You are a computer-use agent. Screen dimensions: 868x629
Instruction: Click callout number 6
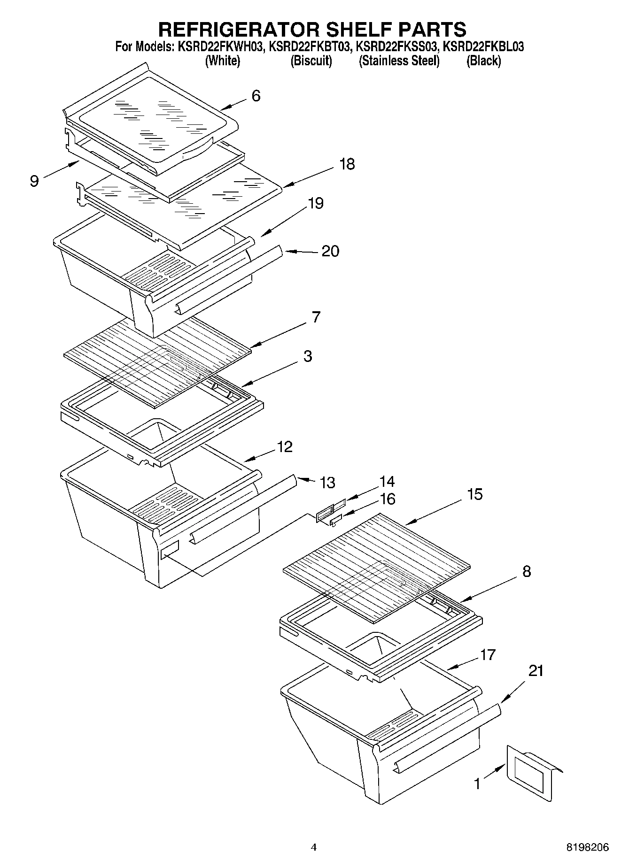tap(256, 96)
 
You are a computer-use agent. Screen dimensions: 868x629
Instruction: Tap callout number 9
tap(34, 181)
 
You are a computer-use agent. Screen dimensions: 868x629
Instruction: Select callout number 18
tap(347, 164)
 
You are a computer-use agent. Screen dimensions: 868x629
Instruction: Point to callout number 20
tap(330, 251)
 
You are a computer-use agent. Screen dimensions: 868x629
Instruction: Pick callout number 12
tap(285, 446)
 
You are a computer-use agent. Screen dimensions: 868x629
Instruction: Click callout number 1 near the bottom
tap(477, 784)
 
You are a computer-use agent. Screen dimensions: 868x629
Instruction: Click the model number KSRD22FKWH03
tap(219, 47)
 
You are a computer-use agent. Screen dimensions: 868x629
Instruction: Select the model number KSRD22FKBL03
tap(483, 47)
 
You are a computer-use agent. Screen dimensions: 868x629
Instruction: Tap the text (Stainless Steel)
tap(399, 61)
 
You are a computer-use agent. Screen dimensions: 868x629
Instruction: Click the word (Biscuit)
tap(311, 61)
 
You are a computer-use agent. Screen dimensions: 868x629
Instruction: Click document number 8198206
tap(587, 847)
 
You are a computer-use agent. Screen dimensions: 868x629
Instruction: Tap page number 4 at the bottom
tap(314, 847)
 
